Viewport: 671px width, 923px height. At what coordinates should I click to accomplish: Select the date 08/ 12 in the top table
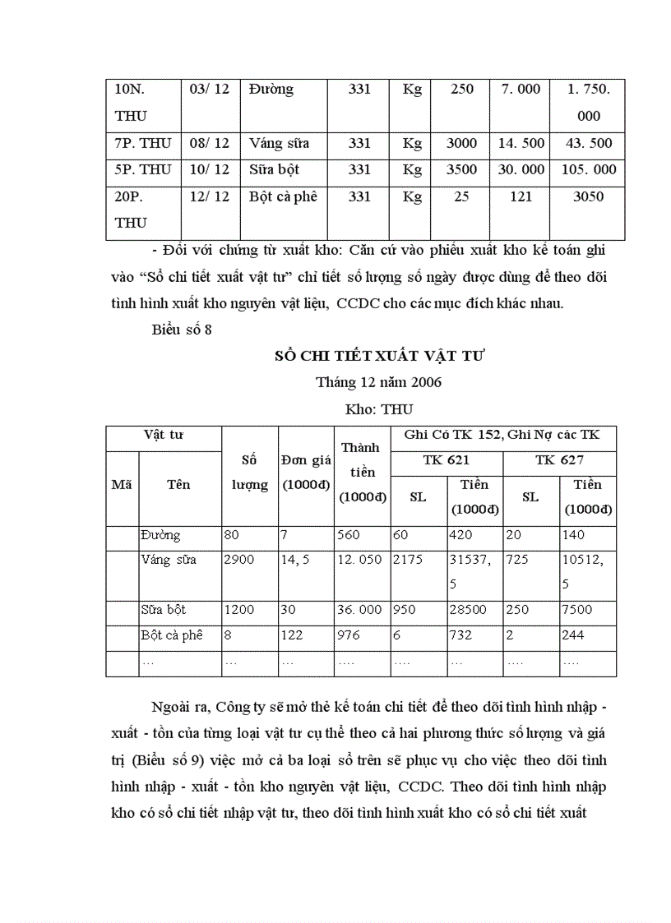210,143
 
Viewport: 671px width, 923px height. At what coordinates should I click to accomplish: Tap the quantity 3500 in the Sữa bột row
461,169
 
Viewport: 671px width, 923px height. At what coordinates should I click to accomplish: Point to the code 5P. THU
143,169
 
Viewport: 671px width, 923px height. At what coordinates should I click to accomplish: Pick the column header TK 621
447,460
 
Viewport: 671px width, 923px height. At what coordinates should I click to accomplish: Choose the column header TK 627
559,460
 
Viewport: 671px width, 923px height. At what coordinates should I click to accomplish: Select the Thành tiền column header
362,472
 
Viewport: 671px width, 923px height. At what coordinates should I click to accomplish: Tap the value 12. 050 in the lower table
359,560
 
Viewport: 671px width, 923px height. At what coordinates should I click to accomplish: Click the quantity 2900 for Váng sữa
239,560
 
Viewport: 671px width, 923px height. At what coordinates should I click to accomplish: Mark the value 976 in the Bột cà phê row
349,635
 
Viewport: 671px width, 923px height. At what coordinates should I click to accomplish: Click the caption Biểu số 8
183,330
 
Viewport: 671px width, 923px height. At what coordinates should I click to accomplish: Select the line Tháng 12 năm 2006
379,382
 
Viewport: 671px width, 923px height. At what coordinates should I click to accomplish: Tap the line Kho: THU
380,408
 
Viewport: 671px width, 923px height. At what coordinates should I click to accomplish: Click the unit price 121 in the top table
521,196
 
